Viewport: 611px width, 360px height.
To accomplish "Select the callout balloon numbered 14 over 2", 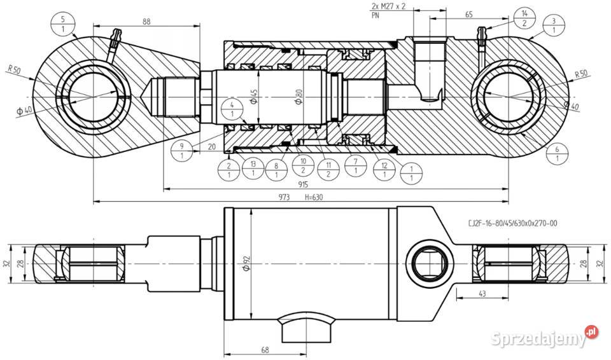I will click(524, 18).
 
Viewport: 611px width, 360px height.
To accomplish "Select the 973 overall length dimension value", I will click(284, 198).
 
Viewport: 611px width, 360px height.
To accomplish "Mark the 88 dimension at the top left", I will click(146, 22).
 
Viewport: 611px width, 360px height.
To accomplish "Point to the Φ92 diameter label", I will click(245, 263).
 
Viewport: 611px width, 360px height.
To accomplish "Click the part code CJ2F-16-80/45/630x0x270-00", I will click(512, 224).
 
